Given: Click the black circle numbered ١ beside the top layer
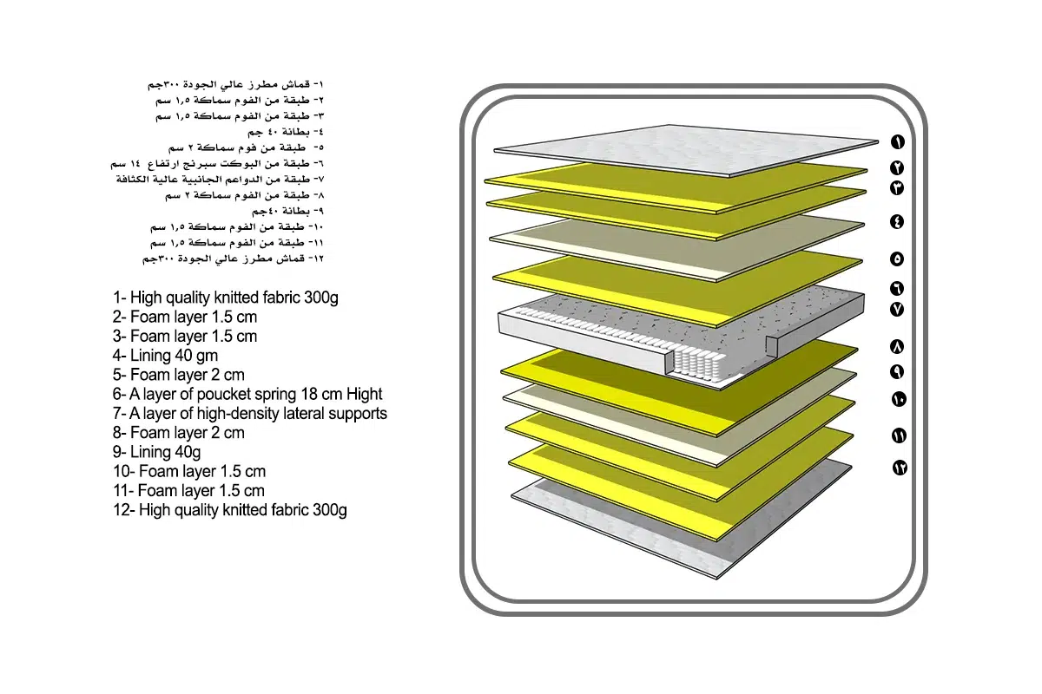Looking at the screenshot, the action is (897, 141).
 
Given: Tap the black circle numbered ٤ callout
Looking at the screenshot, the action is (897, 222).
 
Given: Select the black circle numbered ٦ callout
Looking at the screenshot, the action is (897, 289).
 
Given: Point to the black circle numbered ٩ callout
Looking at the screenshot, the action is (897, 372).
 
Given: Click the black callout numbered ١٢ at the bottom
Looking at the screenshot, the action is (900, 468).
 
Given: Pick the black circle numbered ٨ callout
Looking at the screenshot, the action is (897, 347).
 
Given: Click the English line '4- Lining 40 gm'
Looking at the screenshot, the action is (165, 356).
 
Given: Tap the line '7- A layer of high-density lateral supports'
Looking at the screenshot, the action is (250, 413).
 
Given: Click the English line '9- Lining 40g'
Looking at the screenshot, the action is (157, 452).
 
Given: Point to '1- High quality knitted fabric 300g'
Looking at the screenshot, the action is (226, 298).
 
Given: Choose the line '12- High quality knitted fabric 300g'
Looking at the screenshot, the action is (230, 510).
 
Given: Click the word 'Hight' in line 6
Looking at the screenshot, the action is (364, 394).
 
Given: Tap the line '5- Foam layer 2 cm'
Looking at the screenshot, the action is (179, 375).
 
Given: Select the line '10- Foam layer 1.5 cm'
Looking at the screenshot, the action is (189, 471).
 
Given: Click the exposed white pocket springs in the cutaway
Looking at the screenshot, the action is (698, 365).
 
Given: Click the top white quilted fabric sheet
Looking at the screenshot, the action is (686, 150).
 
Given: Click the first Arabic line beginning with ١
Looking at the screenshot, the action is (235, 85).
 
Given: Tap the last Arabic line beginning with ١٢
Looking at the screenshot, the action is (233, 259).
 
